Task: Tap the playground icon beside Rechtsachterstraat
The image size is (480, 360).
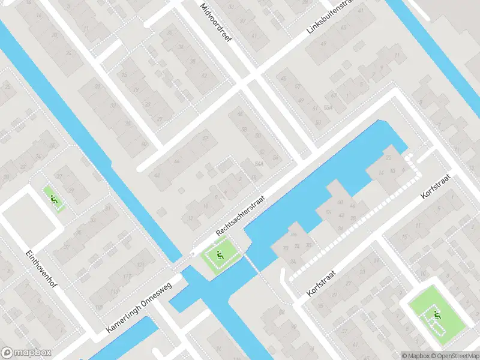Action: point(220,257)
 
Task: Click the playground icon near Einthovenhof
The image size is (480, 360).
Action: point(55,200)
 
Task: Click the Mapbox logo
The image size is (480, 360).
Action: point(26,353)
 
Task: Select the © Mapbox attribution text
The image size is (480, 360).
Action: point(416,356)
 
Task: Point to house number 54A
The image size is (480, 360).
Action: point(259,163)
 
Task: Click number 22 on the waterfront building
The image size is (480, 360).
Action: point(388,157)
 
